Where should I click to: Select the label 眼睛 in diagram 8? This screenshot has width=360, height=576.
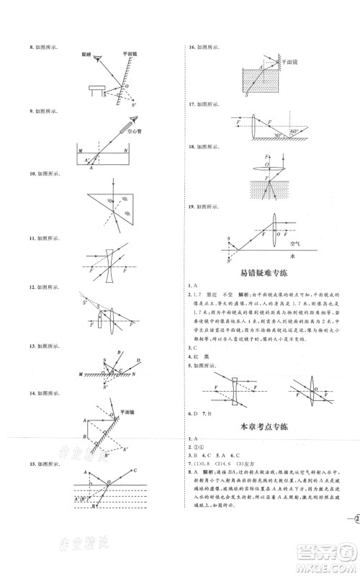85,53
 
